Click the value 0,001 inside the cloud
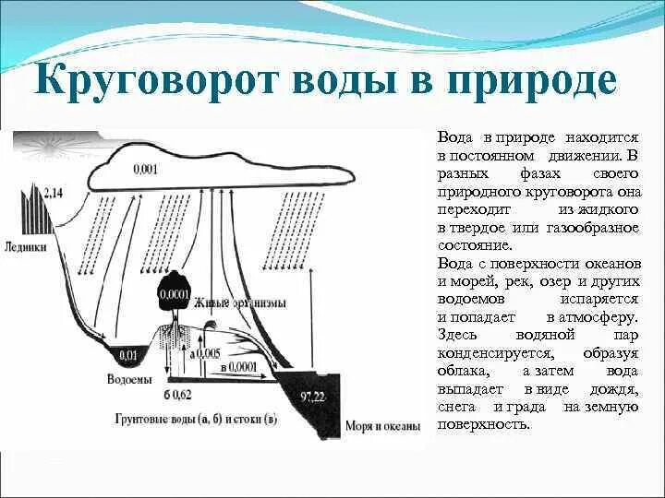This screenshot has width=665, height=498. click(x=146, y=169)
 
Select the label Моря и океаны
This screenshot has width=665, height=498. click(x=382, y=426)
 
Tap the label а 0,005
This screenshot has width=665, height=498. click(x=205, y=353)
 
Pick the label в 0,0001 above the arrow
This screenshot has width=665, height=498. click(x=239, y=367)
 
